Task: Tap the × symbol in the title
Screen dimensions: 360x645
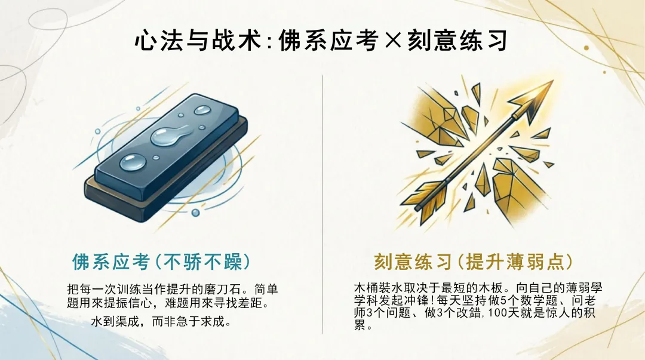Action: point(389,41)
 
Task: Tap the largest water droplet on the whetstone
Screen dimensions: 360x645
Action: point(169,137)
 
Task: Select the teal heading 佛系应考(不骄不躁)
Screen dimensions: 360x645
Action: point(161,261)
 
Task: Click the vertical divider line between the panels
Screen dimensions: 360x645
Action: point(322,203)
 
